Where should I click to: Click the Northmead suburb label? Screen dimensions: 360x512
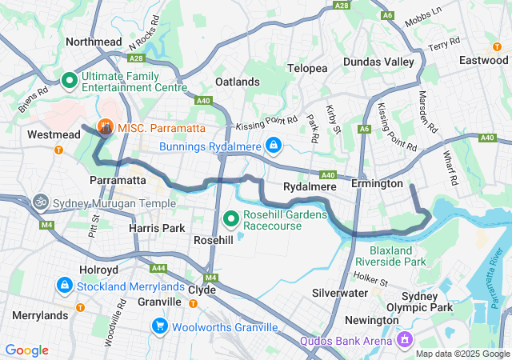tap(94, 42)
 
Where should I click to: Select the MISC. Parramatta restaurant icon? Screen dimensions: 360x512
tap(105, 127)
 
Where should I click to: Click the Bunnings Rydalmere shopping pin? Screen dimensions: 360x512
tap(274, 145)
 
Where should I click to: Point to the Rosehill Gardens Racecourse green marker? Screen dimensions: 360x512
tap(231, 218)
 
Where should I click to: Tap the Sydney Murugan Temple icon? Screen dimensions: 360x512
tap(39, 202)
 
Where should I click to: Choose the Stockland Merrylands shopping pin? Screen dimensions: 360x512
tap(64, 284)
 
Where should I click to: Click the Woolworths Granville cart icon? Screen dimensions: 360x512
tap(160, 326)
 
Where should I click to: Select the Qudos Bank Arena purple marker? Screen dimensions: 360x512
tap(404, 341)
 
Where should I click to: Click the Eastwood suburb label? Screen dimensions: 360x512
tap(483, 60)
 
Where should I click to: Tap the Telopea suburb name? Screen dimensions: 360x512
tap(308, 68)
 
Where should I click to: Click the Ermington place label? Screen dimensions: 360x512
tap(377, 184)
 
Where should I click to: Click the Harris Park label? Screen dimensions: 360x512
tap(158, 227)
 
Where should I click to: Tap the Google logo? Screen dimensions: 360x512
tap(27, 350)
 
